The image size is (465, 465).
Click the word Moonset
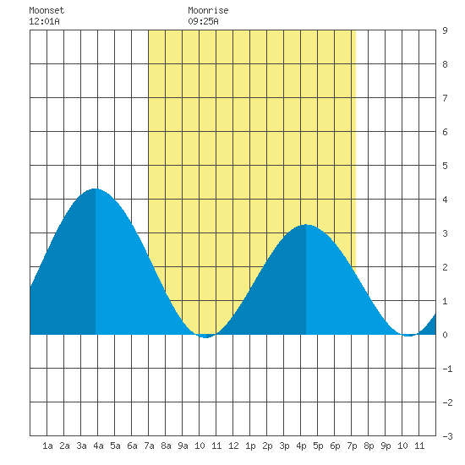tap(46, 10)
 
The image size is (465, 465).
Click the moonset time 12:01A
tap(44, 21)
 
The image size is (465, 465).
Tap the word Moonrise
tap(208, 10)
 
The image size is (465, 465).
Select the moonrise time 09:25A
tap(203, 21)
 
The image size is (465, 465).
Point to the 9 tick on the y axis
tap(445, 30)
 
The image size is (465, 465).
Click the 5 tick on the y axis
tap(445, 166)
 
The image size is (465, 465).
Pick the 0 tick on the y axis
tap(445, 335)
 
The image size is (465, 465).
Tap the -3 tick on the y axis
tap(447, 436)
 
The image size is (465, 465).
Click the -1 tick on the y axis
tap(447, 369)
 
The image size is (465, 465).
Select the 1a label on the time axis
tap(47, 446)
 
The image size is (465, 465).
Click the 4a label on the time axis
tap(98, 446)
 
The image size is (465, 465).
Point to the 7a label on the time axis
tap(149, 446)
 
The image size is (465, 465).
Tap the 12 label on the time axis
tap(233, 446)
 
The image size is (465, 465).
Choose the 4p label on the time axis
tap(301, 446)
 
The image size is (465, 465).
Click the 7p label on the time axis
tap(352, 446)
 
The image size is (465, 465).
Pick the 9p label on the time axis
tap(386, 446)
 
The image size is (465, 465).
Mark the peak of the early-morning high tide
tap(96, 189)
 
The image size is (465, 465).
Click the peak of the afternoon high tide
tap(306, 225)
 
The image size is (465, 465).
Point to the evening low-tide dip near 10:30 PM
tap(408, 336)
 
